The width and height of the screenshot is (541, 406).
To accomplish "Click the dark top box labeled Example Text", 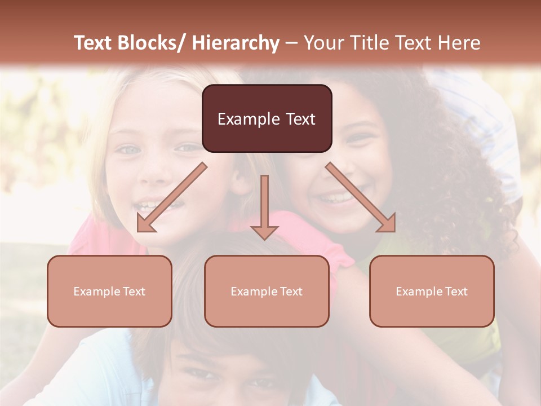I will pyautogui.click(x=267, y=118).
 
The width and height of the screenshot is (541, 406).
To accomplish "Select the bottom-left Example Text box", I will pyautogui.click(x=109, y=291).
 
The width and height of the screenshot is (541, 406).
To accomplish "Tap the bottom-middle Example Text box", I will pyautogui.click(x=267, y=291).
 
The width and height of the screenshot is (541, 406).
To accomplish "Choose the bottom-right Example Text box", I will pyautogui.click(x=432, y=291).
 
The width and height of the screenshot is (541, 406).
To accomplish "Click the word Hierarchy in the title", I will pyautogui.click(x=236, y=43).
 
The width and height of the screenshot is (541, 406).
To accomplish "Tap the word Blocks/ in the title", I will pyautogui.click(x=156, y=43).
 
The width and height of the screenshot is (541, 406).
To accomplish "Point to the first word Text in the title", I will pyautogui.click(x=95, y=43).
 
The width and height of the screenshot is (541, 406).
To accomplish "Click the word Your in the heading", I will pyautogui.click(x=323, y=43).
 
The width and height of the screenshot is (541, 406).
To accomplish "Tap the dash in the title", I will pyautogui.click(x=291, y=43).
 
